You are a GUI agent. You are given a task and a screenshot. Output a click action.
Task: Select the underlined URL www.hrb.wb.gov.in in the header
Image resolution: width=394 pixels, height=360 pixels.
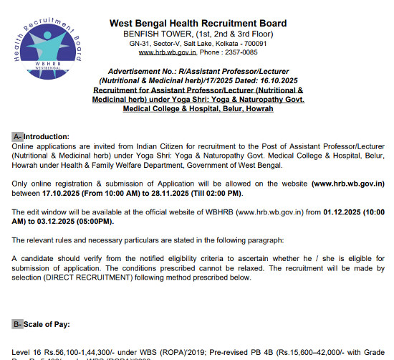[x=166, y=52]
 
